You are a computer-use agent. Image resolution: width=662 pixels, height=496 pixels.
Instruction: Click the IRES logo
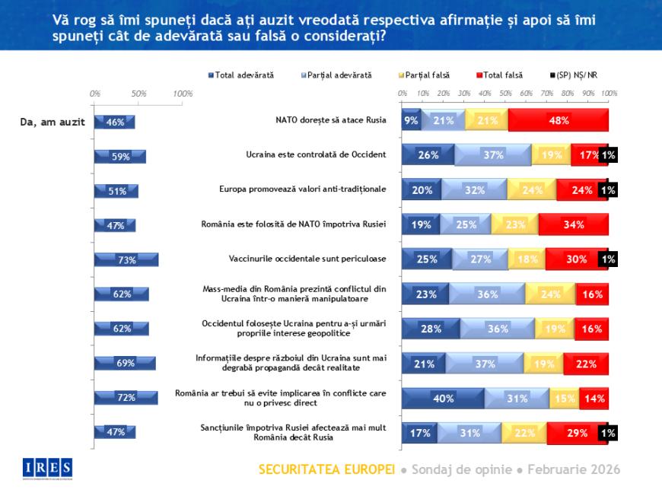tap(47, 466)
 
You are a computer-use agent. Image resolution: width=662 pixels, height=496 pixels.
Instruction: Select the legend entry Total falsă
tap(501, 75)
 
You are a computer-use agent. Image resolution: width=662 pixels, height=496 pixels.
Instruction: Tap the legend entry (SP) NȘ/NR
tap(582, 75)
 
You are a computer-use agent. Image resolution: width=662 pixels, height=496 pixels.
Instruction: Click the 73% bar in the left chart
tap(126, 259)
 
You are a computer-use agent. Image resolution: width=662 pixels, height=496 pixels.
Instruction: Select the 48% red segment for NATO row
tap(558, 120)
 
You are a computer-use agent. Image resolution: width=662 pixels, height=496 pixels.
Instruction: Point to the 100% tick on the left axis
tap(183, 94)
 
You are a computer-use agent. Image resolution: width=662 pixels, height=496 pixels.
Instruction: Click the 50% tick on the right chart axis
tap(504, 94)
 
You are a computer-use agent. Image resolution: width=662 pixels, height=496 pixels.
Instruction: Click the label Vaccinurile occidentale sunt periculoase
tap(307, 258)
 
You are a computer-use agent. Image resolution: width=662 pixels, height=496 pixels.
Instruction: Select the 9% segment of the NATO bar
tap(411, 120)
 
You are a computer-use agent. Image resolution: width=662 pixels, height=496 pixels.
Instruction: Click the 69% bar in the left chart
tap(124, 363)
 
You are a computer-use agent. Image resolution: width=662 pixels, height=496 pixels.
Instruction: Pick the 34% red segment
tap(573, 224)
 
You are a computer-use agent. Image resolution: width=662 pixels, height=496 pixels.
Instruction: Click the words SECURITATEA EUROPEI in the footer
tap(326, 469)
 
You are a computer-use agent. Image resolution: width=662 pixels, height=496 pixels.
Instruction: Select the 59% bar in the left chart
tap(119, 156)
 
